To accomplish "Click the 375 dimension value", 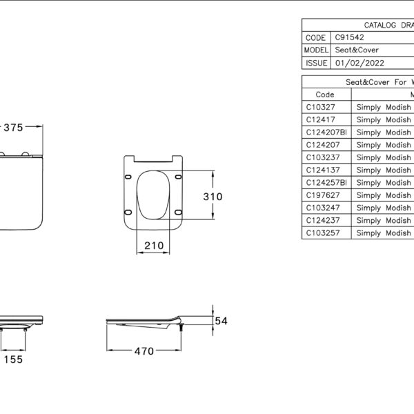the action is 13,128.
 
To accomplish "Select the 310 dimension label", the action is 213,197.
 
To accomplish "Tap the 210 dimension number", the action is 154,246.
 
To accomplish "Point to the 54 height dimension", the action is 221,321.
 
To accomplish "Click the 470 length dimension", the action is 144,351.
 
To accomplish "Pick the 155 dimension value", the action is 13,359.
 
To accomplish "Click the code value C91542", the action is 349,37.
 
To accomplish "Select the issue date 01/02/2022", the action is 359,63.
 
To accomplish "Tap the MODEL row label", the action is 316,50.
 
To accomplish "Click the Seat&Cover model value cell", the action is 357,50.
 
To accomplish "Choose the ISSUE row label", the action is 316,63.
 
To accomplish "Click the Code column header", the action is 325,95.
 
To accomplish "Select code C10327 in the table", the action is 320,107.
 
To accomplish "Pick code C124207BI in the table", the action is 326,132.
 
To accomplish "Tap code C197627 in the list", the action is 323,195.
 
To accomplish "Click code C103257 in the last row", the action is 323,233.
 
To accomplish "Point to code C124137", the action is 323,170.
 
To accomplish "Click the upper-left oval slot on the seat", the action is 128,177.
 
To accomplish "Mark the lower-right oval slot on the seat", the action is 179,212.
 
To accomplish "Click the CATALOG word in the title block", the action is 380,25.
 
